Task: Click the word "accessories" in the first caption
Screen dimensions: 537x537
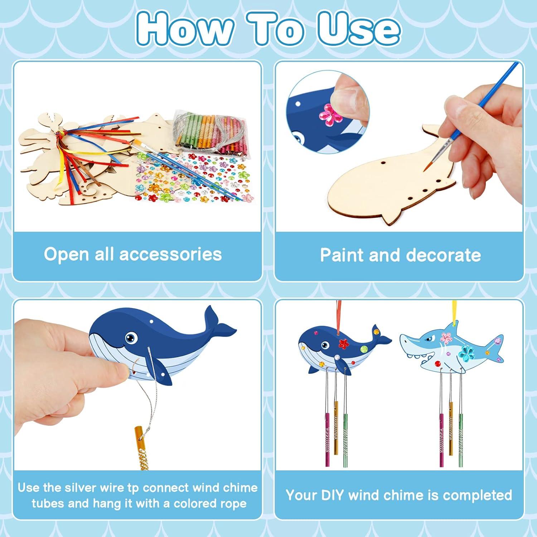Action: click(170, 255)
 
